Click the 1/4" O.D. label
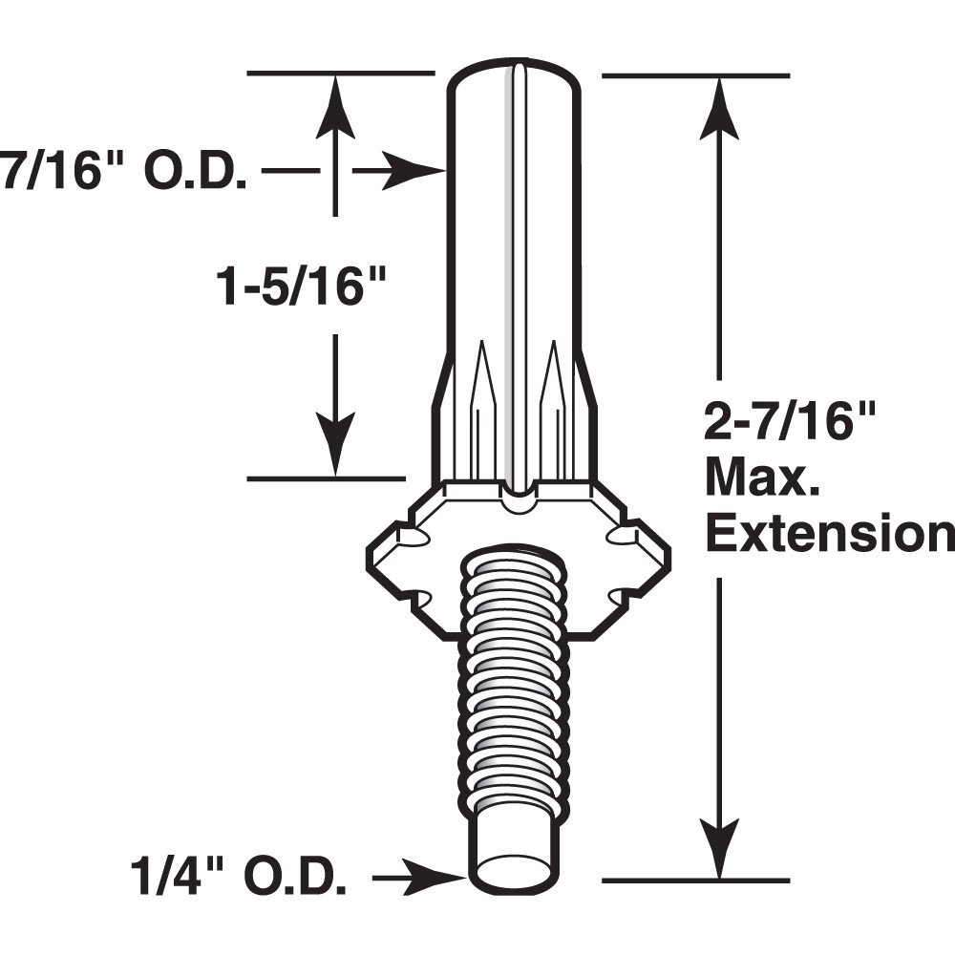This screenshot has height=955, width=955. [x=239, y=875]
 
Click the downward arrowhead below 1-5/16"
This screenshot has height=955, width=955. [x=334, y=445]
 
